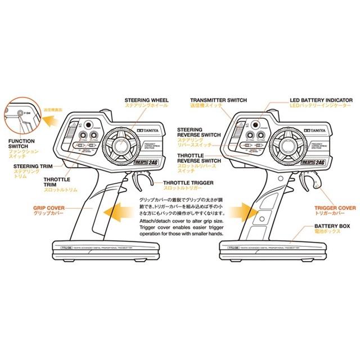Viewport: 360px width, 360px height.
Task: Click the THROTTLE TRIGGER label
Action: pos(189,183)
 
